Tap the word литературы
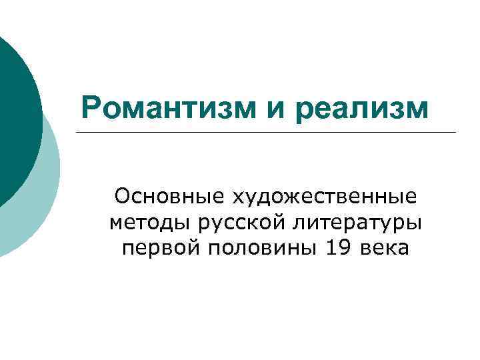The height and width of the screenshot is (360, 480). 353,223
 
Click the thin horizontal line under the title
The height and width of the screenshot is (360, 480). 267,132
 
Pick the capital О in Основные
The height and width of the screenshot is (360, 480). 122,197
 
